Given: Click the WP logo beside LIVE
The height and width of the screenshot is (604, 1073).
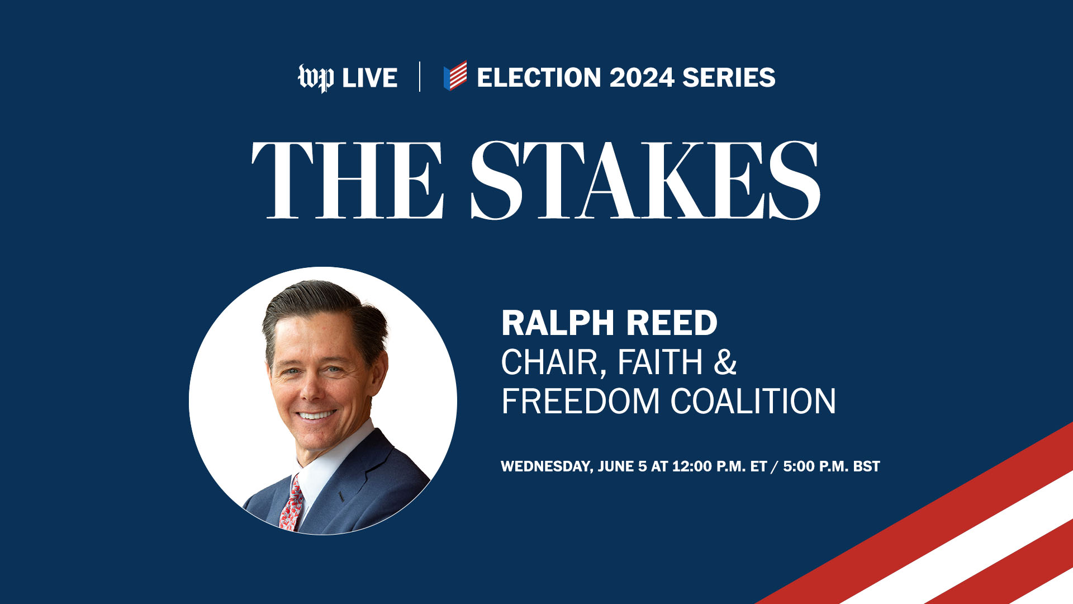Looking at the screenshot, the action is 316,78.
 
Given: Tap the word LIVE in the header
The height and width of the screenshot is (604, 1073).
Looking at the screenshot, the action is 369,78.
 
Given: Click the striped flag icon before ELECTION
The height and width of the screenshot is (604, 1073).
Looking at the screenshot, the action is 455,75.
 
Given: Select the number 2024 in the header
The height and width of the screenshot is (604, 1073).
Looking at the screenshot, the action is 642,78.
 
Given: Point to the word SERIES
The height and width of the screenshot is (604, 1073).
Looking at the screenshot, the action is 729,78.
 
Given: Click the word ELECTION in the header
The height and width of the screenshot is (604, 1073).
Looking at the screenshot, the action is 539,78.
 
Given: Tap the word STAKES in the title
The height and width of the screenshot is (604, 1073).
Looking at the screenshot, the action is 645,180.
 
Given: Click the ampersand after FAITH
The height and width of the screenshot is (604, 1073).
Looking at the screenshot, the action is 725,362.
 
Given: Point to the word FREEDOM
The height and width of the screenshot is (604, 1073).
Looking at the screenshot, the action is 580,401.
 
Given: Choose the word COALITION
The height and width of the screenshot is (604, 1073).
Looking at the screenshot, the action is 753,401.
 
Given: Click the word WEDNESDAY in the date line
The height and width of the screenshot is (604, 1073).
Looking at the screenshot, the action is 547,467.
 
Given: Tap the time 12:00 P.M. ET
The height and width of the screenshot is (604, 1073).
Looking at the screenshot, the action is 719,466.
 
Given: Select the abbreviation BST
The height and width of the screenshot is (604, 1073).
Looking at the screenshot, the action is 866,466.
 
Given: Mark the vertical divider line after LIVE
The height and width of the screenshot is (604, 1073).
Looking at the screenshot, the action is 420,77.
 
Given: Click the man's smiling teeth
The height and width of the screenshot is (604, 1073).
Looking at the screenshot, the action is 316,415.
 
